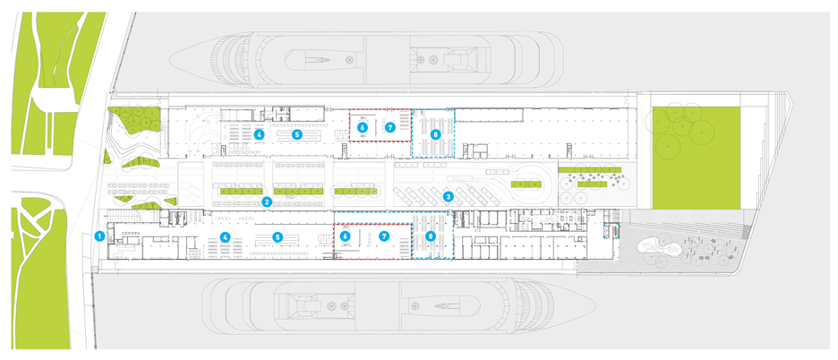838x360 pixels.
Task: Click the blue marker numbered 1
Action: [99, 236]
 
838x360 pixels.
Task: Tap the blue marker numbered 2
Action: [267, 201]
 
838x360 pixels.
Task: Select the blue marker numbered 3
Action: [449, 197]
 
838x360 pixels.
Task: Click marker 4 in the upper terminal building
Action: [260, 134]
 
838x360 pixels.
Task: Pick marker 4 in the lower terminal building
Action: [227, 236]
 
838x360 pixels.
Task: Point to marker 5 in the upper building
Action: [297, 134]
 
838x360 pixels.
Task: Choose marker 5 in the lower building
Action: [277, 236]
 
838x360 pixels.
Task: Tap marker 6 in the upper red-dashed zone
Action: [363, 127]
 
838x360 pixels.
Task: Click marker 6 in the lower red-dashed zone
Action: [346, 236]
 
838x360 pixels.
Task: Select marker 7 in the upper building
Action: [389, 127]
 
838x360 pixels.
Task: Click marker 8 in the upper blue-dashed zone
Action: [435, 135]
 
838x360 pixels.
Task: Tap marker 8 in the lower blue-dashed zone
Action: [432, 236]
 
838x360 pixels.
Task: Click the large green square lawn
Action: [696, 158]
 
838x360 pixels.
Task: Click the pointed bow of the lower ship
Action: [594, 307]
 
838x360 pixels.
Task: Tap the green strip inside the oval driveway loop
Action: [526, 184]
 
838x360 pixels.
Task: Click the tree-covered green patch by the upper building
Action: [134, 119]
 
